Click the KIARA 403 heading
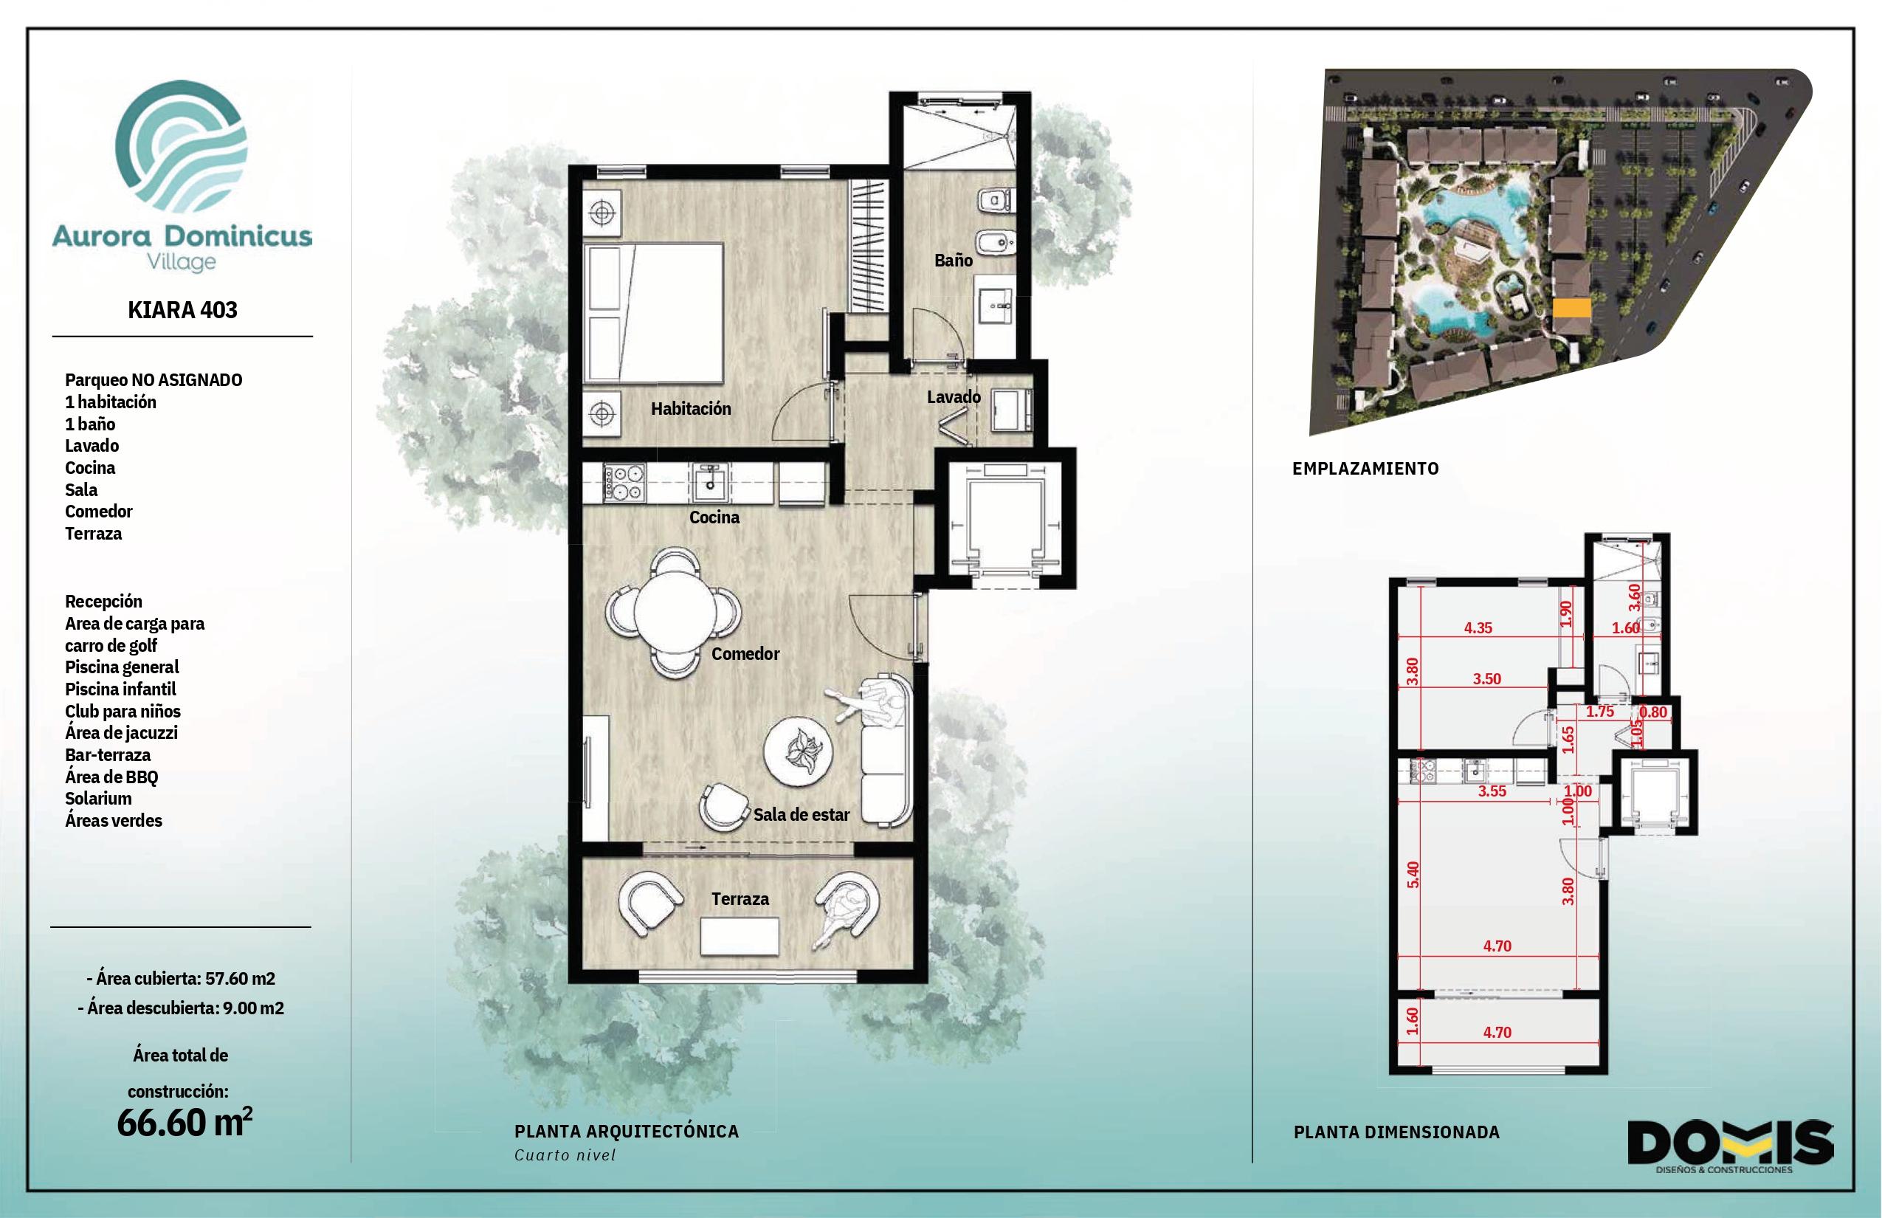[183, 309]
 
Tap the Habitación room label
[690, 409]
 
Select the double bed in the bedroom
[654, 313]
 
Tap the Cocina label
[714, 517]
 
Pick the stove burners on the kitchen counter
[624, 484]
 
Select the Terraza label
[740, 898]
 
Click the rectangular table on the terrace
[740, 937]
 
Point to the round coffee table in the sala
[798, 750]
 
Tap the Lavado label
[954, 397]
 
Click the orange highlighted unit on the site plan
[1571, 308]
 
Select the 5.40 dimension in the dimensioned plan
[1413, 874]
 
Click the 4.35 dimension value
[1478, 628]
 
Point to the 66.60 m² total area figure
[185, 1122]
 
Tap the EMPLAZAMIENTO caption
[1365, 468]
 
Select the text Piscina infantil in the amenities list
[120, 689]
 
